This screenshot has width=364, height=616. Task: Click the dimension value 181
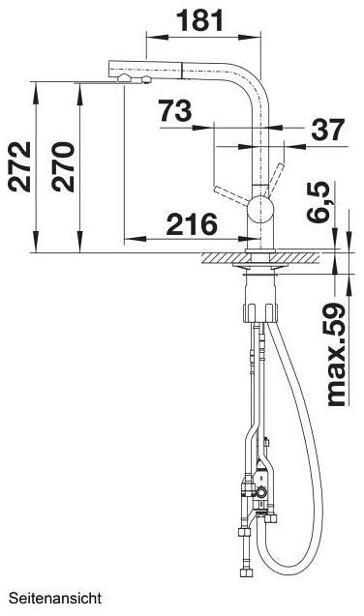click(x=199, y=20)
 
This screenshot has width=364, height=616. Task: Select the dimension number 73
click(x=175, y=110)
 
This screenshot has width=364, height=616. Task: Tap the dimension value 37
click(x=328, y=130)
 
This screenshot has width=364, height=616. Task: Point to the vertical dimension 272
click(x=19, y=166)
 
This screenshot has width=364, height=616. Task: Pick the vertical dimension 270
click(x=63, y=166)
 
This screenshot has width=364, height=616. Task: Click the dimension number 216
click(x=192, y=224)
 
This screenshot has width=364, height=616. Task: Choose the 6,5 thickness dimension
click(x=318, y=202)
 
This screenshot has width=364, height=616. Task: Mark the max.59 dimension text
click(x=337, y=354)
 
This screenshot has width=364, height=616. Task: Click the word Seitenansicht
click(x=55, y=599)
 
